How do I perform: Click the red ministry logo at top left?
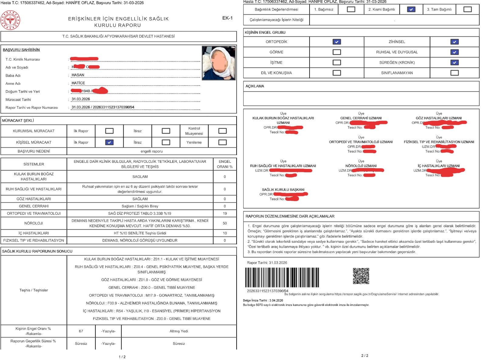[10, 20]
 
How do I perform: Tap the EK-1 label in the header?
[227, 18]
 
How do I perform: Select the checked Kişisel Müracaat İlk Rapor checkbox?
[109, 142]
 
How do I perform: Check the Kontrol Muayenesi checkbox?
[222, 131]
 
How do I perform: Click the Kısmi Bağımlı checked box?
[411, 9]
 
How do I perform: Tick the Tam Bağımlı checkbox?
[467, 9]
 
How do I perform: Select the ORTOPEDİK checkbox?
[337, 42]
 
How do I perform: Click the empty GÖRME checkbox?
[337, 52]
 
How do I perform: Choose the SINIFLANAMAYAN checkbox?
[454, 73]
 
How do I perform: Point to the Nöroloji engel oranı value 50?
[225, 223]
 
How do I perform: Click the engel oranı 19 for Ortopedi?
[225, 214]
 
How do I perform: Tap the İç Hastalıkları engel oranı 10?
[225, 233]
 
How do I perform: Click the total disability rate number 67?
[81, 331]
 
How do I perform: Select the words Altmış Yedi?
[179, 331]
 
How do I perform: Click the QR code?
[361, 276]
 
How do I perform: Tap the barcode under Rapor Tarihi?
[282, 277]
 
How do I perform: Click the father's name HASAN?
[78, 75]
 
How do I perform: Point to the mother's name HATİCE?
[78, 83]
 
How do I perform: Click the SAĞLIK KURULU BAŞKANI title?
[283, 190]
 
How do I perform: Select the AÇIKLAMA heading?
[255, 86]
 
